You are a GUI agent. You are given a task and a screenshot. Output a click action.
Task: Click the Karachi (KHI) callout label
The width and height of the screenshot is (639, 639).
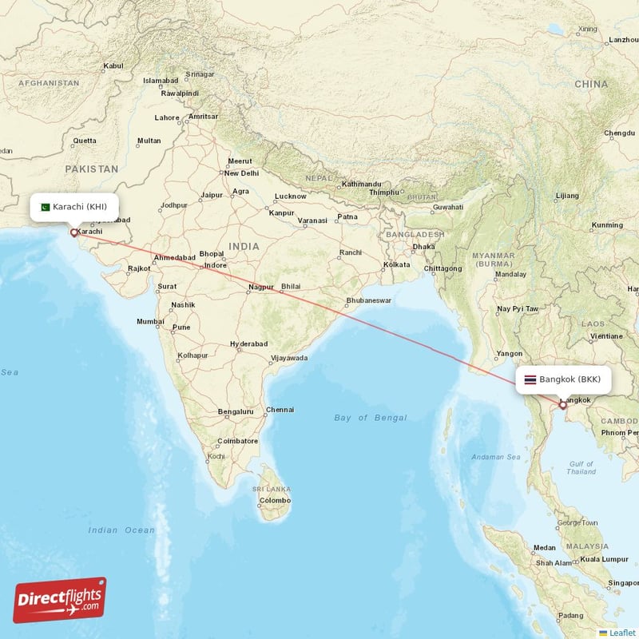79,207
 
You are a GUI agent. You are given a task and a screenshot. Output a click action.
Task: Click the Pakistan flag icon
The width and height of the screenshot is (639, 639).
45,207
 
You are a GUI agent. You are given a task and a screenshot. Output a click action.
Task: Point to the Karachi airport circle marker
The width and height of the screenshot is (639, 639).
74,233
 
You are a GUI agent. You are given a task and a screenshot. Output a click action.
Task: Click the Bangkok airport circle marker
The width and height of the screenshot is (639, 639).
562,405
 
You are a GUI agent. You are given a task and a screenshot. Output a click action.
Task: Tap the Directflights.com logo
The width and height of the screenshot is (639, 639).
60,600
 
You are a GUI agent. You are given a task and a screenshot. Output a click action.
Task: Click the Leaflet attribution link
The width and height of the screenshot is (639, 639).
621,633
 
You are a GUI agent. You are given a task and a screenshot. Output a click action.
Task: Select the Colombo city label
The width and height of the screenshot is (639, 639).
276,501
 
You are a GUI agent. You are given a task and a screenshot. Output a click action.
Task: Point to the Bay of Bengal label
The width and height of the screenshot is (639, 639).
371,418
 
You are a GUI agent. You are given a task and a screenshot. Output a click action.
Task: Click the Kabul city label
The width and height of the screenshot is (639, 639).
114,65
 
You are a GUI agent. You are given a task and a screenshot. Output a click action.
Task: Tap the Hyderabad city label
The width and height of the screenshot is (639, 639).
248,343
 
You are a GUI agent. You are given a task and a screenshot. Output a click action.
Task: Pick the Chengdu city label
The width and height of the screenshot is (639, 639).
619,133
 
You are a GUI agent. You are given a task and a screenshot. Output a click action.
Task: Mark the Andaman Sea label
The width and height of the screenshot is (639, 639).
495,457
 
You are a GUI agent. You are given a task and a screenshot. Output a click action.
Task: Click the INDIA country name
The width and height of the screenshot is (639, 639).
244,247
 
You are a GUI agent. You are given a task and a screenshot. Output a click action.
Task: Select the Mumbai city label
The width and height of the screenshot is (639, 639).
150,321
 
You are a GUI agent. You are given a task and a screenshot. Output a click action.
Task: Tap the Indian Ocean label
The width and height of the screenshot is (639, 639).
121,530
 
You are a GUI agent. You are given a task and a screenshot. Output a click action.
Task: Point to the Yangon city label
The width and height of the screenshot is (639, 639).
510,353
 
